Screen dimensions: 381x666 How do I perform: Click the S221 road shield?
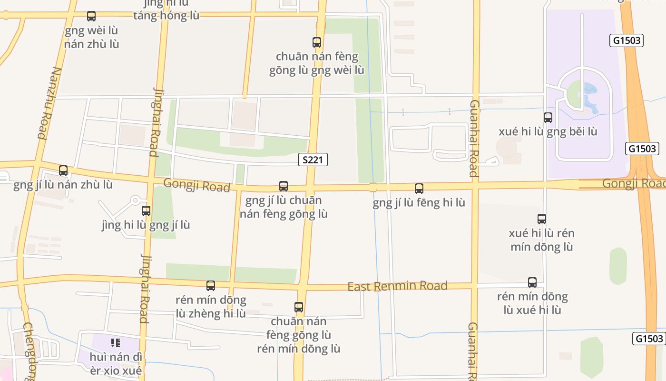coord(313,160)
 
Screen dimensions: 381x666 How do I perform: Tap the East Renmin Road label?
coord(397,286)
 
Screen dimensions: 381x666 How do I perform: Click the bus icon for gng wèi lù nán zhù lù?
coord(91,16)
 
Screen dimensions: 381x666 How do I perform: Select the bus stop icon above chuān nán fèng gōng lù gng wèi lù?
coord(317,42)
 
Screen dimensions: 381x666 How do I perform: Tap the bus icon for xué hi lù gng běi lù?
coord(548,117)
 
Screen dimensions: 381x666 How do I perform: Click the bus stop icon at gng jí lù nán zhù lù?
coord(63,170)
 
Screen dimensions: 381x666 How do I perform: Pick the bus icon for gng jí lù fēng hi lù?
coord(419,189)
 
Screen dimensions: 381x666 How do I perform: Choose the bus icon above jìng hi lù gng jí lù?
coord(146,211)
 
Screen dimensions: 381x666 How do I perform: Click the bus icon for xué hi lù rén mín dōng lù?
coord(542,219)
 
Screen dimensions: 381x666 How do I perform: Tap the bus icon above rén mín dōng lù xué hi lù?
coord(532,282)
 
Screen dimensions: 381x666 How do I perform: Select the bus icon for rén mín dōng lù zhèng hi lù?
coord(211,286)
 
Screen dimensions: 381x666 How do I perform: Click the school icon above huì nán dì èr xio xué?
coord(115,343)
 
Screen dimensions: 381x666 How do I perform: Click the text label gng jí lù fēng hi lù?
coord(419,203)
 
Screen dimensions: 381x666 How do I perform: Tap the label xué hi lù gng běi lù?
coord(548,131)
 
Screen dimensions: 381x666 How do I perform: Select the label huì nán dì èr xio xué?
coord(116,364)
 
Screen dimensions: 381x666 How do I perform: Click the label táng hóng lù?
coord(166,16)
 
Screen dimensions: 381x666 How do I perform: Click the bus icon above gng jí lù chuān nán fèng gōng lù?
coord(284,186)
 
